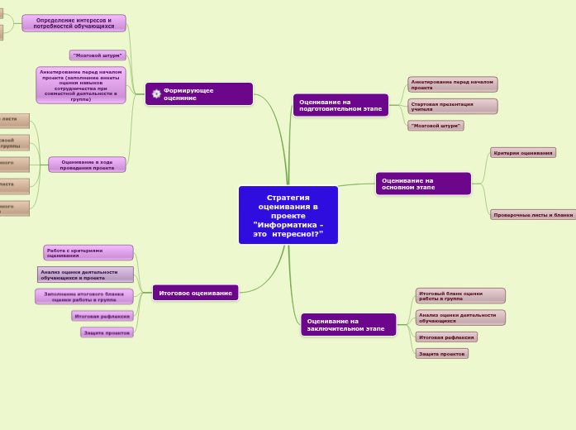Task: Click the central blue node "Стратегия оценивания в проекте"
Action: (288, 215)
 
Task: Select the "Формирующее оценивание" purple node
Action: (204, 94)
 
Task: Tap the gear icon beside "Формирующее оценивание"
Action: (156, 94)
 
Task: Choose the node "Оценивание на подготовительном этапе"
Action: (340, 105)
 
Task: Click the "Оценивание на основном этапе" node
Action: (423, 184)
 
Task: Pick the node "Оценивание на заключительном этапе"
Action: (349, 324)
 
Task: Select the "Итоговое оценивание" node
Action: (195, 293)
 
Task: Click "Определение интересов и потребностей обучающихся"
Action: (74, 23)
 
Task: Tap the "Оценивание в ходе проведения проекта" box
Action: (87, 165)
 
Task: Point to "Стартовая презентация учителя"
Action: (452, 107)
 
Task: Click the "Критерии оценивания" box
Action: (523, 153)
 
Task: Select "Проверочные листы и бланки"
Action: (532, 215)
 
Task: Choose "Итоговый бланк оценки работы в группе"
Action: (459, 296)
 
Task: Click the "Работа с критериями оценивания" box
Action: (88, 253)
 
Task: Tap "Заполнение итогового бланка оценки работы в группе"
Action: (83, 296)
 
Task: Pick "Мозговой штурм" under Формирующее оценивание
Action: (98, 55)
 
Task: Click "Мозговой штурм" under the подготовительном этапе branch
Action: (436, 126)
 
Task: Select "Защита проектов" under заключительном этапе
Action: (442, 354)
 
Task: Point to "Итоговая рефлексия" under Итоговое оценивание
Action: (102, 316)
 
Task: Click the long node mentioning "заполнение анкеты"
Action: (81, 85)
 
